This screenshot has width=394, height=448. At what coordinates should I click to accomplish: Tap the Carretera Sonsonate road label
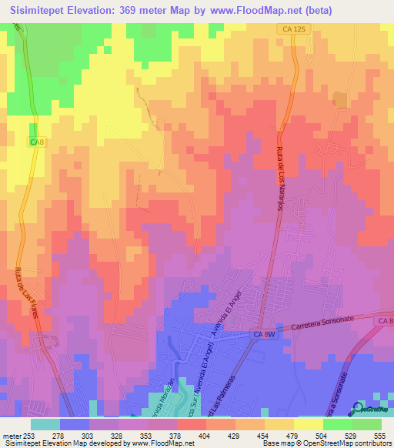(322, 323)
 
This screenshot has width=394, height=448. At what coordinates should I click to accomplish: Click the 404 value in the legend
(183, 436)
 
